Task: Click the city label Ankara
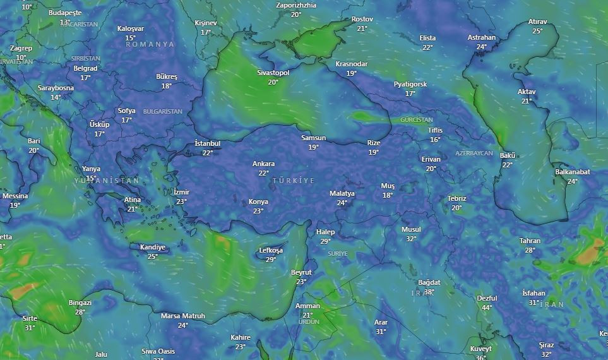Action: click(x=263, y=164)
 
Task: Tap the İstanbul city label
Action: click(x=207, y=144)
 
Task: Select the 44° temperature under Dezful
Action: click(x=487, y=308)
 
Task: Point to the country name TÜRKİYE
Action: click(x=293, y=181)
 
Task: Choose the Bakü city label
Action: click(x=508, y=156)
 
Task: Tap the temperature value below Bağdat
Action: click(x=429, y=292)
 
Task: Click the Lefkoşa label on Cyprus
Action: click(x=271, y=251)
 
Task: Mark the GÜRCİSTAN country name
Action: click(x=417, y=120)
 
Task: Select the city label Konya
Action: click(x=258, y=202)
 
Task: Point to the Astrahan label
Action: click(x=482, y=38)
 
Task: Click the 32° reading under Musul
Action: click(x=411, y=239)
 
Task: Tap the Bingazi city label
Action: click(x=80, y=303)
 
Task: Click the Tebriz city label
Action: click(x=456, y=199)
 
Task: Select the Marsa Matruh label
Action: click(x=182, y=316)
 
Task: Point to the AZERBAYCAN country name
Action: click(x=474, y=153)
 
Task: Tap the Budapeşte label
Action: click(x=65, y=13)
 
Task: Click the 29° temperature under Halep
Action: click(x=326, y=241)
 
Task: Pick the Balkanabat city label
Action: click(x=573, y=172)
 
